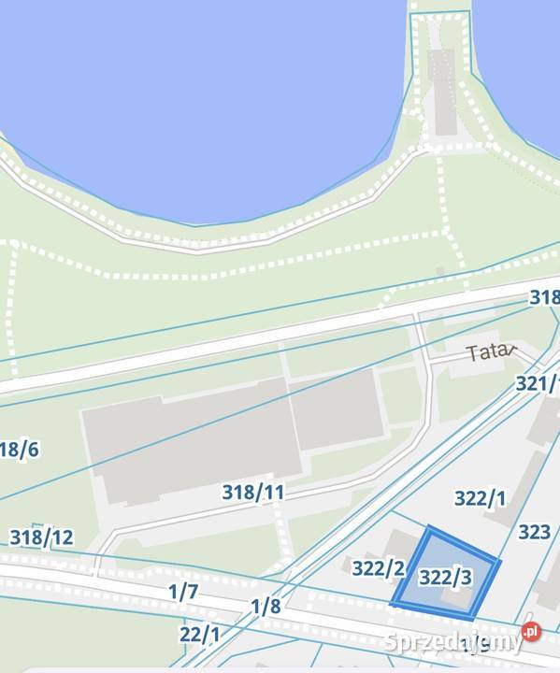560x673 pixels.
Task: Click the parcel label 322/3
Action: [x=444, y=578]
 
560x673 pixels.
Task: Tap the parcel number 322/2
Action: [x=378, y=567]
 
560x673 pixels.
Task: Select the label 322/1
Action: [x=480, y=498]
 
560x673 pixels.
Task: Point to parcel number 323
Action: [x=534, y=532]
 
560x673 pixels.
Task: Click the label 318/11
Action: [x=252, y=492]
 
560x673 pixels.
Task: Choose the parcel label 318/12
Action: [x=41, y=537]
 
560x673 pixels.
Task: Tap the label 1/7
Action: [x=183, y=591]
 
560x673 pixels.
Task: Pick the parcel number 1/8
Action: [x=266, y=606]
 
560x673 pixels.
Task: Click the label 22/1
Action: [x=199, y=635]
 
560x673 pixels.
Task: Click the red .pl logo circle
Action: [x=532, y=633]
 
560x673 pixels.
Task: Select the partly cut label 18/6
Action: [x=19, y=450]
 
